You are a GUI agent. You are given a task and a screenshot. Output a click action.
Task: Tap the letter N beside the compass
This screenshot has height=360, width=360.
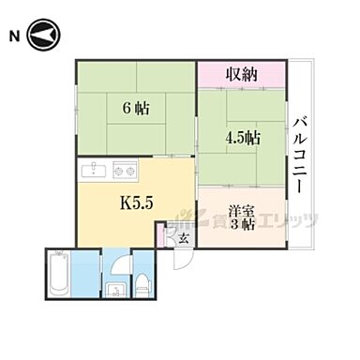[x=14, y=37]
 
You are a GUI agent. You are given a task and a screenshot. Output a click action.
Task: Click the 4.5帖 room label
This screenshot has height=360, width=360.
[x=241, y=136]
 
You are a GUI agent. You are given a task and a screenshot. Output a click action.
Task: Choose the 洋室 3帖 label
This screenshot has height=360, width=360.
[x=241, y=217]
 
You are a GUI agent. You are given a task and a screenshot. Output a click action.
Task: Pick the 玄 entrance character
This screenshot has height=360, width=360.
[x=183, y=239]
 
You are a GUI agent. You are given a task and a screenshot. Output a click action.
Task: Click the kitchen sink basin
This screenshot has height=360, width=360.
[x=96, y=171]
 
